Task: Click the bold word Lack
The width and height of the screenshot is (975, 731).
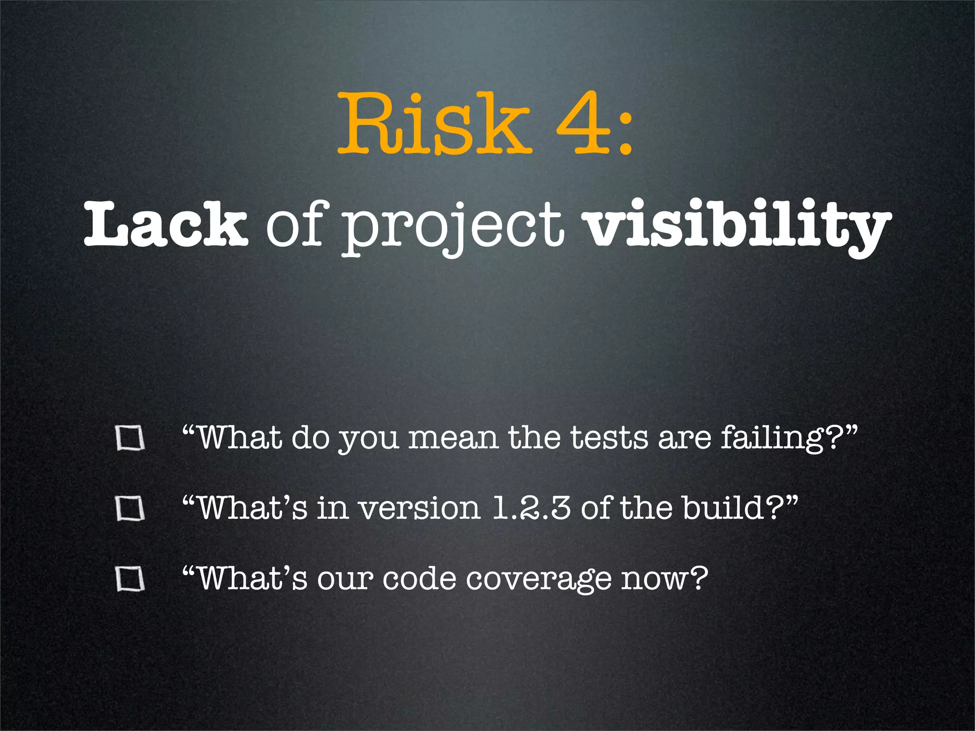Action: [166, 224]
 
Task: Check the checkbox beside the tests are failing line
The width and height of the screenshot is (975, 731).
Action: [130, 438]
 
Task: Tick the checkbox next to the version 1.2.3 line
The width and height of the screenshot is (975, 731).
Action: [130, 509]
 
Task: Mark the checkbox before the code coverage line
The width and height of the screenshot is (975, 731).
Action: [130, 579]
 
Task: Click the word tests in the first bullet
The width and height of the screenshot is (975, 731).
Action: [609, 438]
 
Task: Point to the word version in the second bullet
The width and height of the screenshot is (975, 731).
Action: [419, 508]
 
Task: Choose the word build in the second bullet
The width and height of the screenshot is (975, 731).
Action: [724, 508]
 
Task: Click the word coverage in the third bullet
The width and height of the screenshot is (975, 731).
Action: [538, 580]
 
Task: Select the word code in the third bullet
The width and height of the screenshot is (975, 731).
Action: [419, 579]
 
